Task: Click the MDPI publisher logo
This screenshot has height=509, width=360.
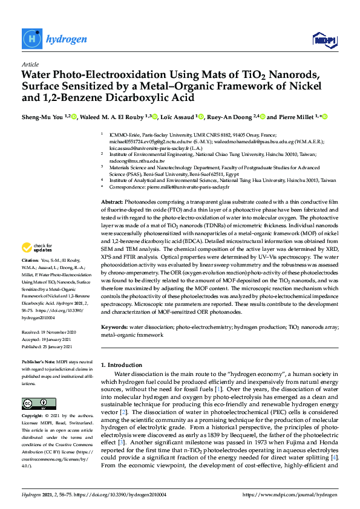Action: coord(324,40)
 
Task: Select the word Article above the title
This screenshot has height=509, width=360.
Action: coord(30,65)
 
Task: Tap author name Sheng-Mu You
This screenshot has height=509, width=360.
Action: coord(42,117)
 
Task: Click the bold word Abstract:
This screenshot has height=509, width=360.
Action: coord(112,184)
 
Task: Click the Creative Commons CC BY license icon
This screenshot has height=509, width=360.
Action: coord(34,403)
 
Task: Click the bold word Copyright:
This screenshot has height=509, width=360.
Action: coord(33,417)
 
